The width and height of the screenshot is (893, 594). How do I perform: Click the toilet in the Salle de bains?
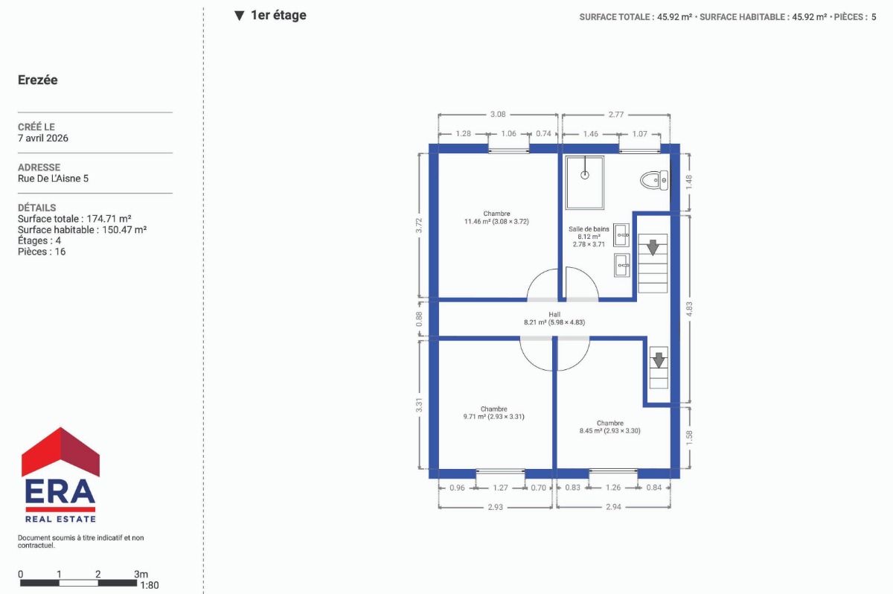654,181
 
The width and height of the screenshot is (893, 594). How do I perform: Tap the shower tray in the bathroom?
584,182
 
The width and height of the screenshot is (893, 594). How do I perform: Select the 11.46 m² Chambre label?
496,217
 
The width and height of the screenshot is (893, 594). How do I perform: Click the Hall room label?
554,319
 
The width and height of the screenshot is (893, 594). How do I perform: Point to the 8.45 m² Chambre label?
609,427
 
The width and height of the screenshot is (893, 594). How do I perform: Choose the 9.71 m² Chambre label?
493,413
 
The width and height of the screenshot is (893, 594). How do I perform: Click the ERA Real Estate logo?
60,475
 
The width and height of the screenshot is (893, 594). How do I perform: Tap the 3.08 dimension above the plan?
498,115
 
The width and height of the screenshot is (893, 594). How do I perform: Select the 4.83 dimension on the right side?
689,309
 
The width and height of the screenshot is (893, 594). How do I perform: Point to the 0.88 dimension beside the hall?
418,319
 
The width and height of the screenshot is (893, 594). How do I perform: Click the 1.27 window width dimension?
500,488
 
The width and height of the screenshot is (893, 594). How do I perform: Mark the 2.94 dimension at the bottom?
613,507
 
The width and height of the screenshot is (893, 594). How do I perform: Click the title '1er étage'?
278,15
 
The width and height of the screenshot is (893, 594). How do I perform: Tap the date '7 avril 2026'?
43,138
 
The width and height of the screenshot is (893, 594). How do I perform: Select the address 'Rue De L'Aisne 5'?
53,178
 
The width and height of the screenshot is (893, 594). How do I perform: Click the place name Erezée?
38,80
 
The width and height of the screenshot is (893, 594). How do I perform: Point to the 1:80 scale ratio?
150,585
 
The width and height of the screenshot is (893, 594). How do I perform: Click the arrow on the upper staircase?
653,247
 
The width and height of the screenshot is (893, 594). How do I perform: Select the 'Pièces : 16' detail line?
42,252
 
